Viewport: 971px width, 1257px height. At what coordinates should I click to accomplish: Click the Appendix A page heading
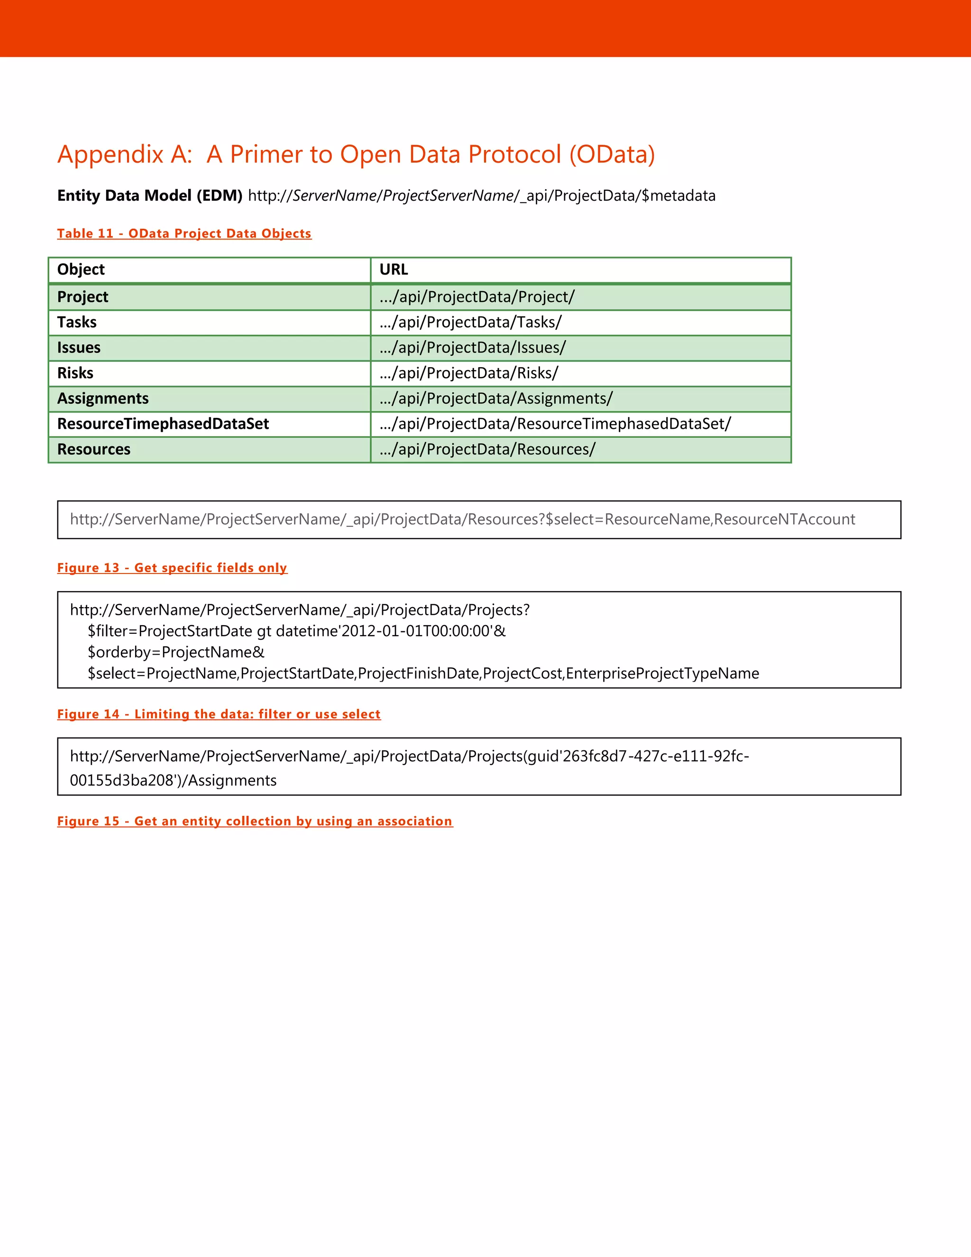356,154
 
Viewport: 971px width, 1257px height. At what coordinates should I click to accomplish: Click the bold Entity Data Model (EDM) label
149,196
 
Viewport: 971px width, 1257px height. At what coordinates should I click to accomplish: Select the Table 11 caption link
184,233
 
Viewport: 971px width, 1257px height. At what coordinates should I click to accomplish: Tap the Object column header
81,269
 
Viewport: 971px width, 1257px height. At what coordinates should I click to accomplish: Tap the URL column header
394,269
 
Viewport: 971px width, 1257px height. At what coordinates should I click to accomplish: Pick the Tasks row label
77,322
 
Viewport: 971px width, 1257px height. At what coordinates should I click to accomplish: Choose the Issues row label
79,348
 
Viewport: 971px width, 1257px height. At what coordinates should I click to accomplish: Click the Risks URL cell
469,373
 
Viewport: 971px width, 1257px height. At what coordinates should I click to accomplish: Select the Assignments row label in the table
103,398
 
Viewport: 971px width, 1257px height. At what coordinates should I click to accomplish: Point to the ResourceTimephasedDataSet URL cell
555,424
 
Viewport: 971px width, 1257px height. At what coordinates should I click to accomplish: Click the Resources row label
94,449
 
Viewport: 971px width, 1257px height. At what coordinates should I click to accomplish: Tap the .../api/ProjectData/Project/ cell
477,297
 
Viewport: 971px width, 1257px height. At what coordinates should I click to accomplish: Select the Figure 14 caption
219,714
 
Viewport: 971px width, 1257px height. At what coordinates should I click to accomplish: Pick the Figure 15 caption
255,821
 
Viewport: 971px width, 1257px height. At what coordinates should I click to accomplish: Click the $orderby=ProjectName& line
176,652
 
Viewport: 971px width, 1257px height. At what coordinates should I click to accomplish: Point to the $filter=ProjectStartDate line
296,631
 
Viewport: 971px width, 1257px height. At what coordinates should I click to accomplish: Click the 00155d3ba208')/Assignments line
173,780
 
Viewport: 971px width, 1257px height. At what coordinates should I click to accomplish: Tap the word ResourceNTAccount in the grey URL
785,519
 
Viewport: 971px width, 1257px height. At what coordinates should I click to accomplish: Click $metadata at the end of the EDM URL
679,196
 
